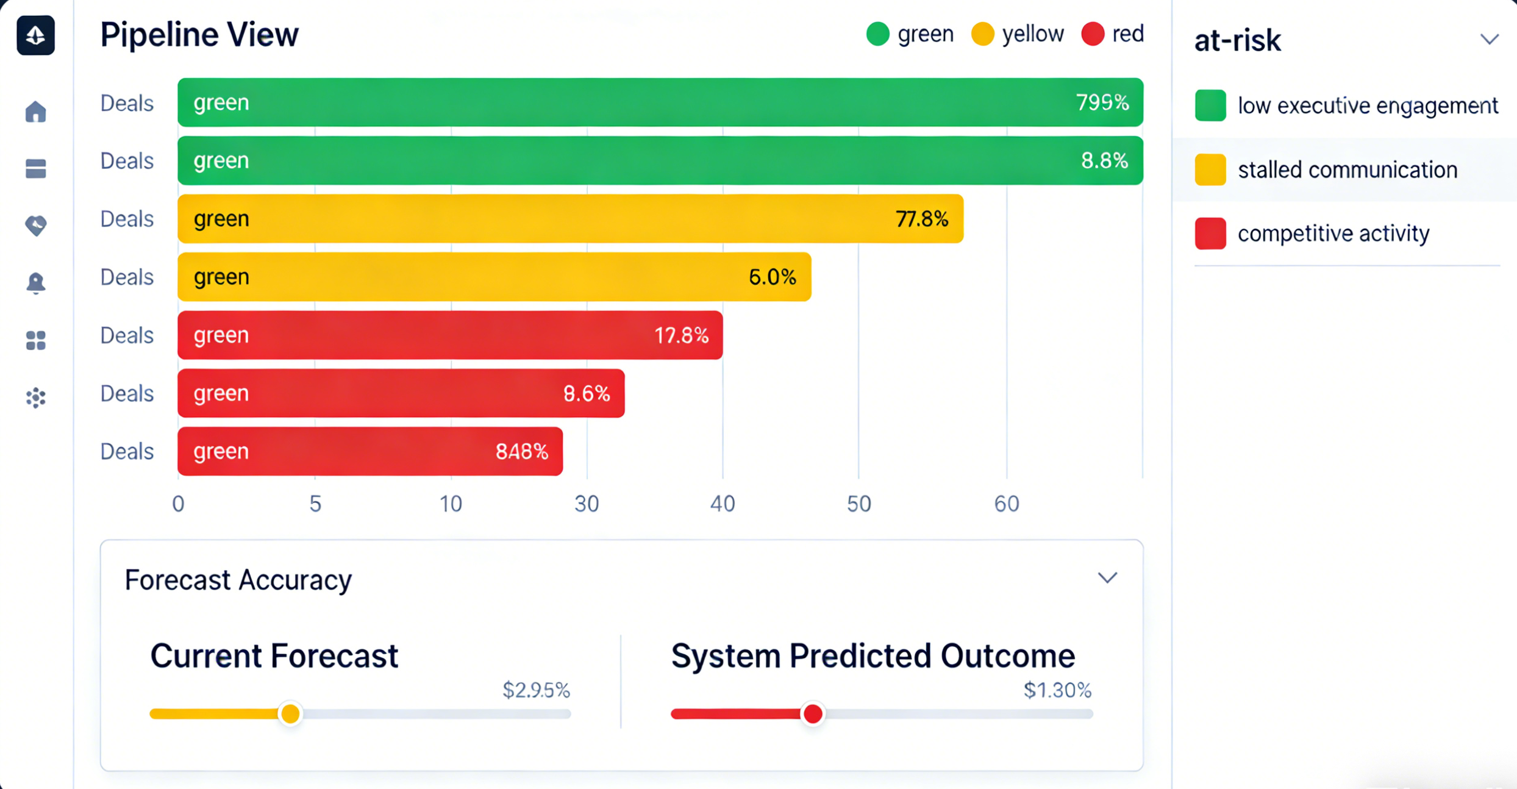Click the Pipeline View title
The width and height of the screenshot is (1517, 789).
point(199,35)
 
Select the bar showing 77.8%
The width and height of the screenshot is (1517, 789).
point(570,219)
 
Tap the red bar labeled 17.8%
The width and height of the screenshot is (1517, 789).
point(450,335)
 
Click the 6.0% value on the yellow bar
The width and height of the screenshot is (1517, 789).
point(772,277)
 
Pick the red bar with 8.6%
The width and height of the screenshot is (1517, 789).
point(401,393)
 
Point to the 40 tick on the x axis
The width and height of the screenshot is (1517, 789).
point(723,504)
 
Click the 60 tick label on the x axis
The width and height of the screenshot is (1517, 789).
point(1006,504)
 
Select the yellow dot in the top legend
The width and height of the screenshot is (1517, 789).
point(982,34)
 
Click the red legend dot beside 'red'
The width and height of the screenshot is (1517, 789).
point(1092,34)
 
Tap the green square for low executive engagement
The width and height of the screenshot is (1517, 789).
point(1210,105)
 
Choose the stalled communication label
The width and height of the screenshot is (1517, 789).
point(1347,170)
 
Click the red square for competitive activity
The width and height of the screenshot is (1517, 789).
point(1210,234)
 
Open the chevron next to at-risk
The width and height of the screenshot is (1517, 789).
point(1489,40)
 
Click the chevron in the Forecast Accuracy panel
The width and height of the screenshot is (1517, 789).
point(1107,577)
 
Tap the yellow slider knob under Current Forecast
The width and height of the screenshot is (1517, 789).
point(290,713)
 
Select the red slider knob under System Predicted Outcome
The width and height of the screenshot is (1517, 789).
point(812,713)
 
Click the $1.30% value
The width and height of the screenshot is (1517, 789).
point(1057,690)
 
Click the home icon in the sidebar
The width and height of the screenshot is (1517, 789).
point(36,112)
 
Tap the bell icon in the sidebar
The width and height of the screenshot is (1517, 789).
point(36,283)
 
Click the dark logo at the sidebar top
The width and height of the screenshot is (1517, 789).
point(36,35)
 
